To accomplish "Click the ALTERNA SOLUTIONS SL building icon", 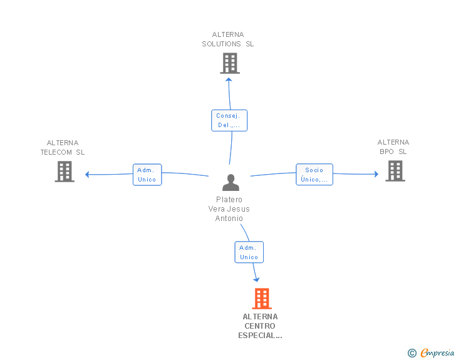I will [x=230, y=63].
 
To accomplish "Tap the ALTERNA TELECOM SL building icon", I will [x=65, y=172].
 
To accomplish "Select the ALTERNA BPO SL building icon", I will [x=395, y=171].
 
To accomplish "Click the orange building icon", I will [x=261, y=299].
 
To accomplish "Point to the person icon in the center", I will [x=231, y=182].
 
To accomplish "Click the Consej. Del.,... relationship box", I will [x=229, y=120].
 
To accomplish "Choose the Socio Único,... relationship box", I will [x=314, y=175].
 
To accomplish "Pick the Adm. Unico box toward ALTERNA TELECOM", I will [x=147, y=175].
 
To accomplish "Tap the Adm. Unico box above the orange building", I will [x=249, y=252].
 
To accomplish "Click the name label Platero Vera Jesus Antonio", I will [x=229, y=209].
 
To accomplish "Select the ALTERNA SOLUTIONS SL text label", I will [x=228, y=39].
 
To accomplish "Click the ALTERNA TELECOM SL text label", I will [x=63, y=147].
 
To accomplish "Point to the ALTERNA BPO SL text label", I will [x=393, y=147].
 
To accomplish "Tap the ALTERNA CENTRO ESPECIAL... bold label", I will [x=260, y=326].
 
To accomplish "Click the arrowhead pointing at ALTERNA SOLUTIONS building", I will [x=229, y=78].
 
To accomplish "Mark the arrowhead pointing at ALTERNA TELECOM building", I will [x=88, y=174].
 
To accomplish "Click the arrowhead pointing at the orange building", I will [x=256, y=280].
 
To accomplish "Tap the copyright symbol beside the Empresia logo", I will [x=412, y=354].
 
